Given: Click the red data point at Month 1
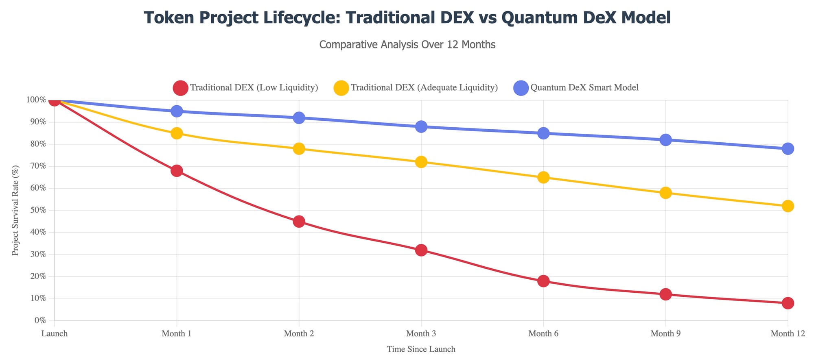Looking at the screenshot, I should coord(177,171).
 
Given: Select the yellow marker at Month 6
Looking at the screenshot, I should coord(543,177).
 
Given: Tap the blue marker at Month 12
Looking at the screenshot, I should coord(788,149).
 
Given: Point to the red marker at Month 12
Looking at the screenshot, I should coord(788,303).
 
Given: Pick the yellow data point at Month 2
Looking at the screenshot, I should coord(299,149).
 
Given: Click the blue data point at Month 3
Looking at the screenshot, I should coord(421,127).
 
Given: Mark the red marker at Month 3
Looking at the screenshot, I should coord(421,250).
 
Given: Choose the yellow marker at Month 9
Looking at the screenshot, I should coord(665,193).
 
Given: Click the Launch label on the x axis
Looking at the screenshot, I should coord(54,334).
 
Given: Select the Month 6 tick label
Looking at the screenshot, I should coord(543,334).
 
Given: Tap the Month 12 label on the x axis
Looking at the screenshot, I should coord(788,334).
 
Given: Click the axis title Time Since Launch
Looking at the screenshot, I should coord(421,349).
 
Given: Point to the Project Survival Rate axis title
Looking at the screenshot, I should coord(15,211).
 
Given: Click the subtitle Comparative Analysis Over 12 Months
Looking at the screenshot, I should coord(407,45).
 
